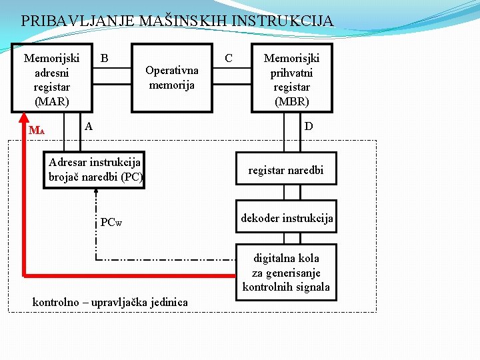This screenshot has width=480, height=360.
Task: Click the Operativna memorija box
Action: (171, 77)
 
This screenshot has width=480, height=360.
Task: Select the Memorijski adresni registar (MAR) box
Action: (51, 79)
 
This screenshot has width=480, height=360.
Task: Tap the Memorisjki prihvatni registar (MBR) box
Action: (291, 79)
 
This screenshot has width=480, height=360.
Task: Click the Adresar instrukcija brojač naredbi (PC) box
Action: (94, 170)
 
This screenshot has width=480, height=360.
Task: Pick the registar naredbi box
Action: (285, 171)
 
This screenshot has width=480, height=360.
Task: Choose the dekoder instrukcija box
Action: (286, 218)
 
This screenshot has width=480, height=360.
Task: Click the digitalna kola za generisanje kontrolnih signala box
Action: (286, 272)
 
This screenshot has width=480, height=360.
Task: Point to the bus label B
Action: (105, 59)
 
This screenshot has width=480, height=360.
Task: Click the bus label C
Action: (229, 59)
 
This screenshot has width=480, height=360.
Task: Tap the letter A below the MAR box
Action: (89, 125)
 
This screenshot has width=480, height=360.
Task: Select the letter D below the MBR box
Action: (309, 126)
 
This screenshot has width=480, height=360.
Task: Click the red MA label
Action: (36, 130)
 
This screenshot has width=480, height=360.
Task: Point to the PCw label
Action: (111, 222)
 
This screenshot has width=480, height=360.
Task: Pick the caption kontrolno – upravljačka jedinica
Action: (110, 303)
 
